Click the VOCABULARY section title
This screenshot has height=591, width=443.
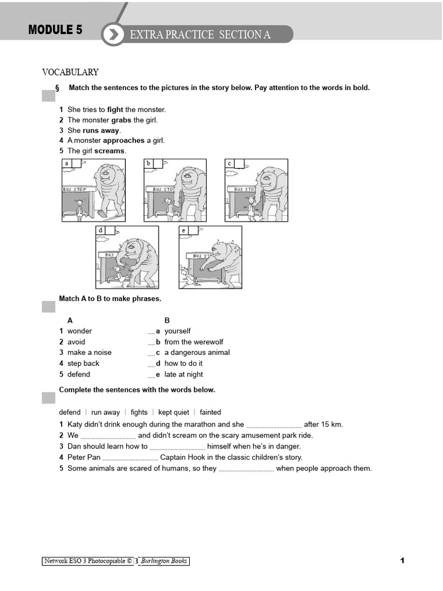70,72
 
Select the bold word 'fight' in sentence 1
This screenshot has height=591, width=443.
115,110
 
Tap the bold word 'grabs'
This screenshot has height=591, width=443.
121,120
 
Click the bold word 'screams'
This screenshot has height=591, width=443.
110,151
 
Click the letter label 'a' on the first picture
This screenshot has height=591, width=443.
67,164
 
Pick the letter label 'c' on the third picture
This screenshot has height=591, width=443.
230,164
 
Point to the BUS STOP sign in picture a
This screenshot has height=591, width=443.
74,189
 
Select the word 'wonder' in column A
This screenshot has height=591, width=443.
80,331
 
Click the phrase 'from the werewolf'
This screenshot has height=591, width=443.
193,342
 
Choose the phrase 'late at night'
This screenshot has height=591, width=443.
183,375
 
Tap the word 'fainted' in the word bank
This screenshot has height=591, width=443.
211,413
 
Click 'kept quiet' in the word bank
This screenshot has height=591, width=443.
174,413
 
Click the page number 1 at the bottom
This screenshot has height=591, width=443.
403,560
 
